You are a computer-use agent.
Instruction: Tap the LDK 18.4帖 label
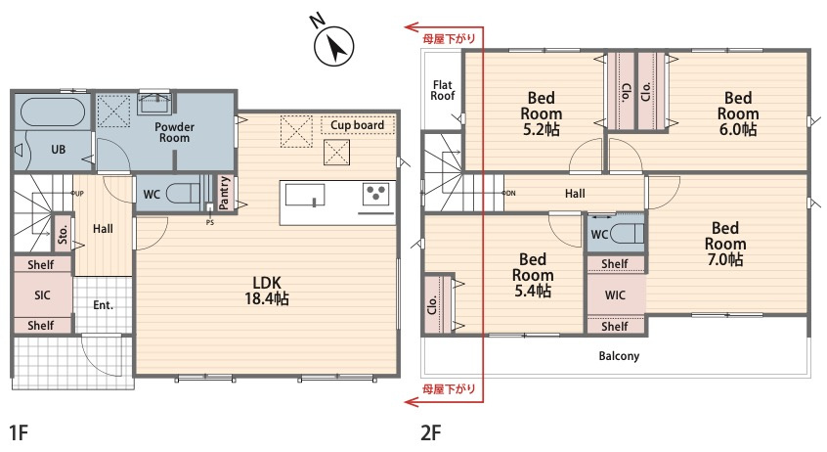click(x=267, y=291)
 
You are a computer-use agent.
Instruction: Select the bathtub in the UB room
click(x=53, y=112)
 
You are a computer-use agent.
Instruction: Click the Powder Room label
click(x=175, y=132)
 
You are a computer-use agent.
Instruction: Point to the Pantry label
click(x=225, y=194)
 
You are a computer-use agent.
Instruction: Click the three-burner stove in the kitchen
click(x=376, y=194)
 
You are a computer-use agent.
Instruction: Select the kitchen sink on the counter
click(x=305, y=195)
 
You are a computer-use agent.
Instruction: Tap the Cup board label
click(x=357, y=125)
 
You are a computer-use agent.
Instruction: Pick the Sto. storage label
click(x=63, y=233)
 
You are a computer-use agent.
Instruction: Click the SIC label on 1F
click(x=42, y=295)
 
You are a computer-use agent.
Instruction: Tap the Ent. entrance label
click(x=103, y=305)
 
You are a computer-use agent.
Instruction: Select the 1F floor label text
click(x=19, y=433)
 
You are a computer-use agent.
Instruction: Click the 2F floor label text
click(x=430, y=433)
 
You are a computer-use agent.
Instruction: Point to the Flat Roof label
click(x=443, y=90)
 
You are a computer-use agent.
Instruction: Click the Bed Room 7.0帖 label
click(x=725, y=244)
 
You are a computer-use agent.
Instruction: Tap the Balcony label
click(x=619, y=356)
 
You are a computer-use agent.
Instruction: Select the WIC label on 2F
click(x=615, y=295)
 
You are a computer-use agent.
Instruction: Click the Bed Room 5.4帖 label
click(x=533, y=275)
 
